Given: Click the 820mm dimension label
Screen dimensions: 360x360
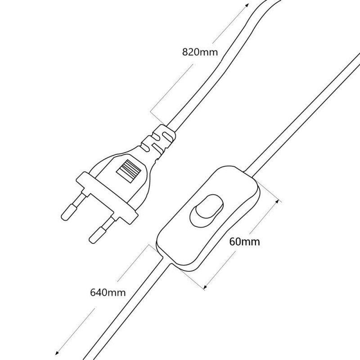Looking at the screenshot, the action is click(200, 52).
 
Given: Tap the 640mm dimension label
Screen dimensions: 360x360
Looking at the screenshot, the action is click(108, 292).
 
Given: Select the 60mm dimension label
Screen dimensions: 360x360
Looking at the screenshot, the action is click(245, 242).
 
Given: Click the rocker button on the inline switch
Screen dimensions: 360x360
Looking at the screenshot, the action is click(207, 210).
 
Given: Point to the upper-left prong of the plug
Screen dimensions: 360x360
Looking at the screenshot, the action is click(73, 205).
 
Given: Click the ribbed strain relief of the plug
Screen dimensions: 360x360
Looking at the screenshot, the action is click(158, 142).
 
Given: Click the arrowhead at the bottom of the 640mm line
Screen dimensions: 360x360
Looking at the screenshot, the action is click(57, 353).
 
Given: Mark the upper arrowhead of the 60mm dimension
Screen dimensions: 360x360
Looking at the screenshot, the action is click(278, 202).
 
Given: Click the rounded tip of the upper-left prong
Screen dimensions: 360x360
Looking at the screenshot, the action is click(65, 216).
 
